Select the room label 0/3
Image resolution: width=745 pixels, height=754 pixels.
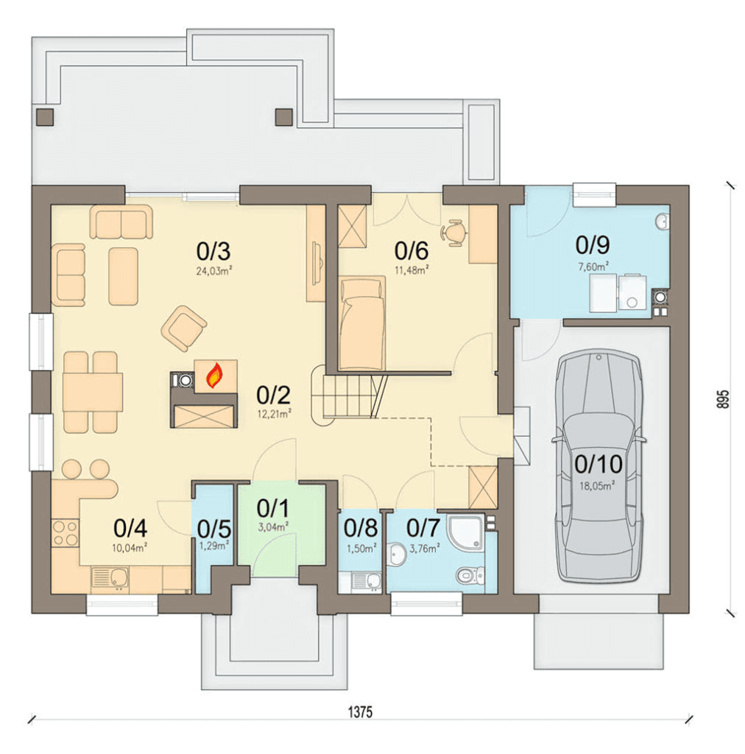coord(213,251)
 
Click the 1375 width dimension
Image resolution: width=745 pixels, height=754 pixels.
coord(360,712)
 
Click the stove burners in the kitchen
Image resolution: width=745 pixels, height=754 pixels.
coord(65,532)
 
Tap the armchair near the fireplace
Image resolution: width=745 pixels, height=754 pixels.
coord(184,328)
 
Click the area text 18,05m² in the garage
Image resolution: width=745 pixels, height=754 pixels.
coord(596,486)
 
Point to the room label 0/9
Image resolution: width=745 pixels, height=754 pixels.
coord(593,244)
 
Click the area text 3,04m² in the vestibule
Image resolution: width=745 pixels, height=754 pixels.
coord(273,526)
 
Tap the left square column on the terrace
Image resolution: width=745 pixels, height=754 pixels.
coord(45,117)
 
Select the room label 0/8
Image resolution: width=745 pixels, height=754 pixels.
coord(361,527)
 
